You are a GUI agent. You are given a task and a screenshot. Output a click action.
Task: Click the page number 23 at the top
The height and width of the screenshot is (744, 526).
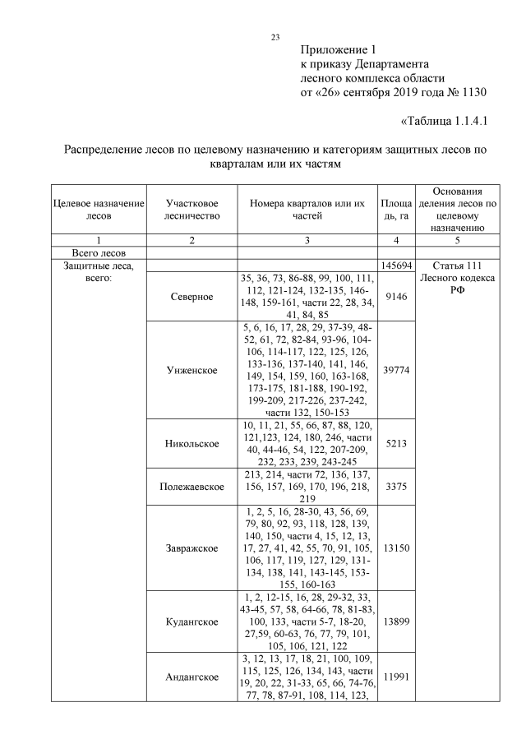click(x=276, y=36)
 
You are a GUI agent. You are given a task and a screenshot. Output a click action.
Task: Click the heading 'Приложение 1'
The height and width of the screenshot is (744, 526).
click(x=339, y=49)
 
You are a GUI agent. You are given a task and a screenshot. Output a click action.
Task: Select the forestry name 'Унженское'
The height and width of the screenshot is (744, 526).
click(x=191, y=370)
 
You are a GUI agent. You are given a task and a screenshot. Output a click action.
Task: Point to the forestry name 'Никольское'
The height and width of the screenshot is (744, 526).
click(x=191, y=444)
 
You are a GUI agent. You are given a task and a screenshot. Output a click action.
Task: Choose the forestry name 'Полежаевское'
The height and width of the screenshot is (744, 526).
click(x=191, y=488)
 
